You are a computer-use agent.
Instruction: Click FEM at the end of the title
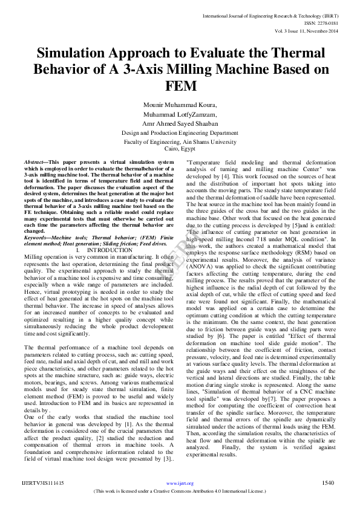tap(179, 85)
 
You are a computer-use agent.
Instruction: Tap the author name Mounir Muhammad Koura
tap(179, 104)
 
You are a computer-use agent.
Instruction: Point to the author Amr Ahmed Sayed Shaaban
tap(179, 123)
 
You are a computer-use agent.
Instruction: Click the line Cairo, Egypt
tap(179, 148)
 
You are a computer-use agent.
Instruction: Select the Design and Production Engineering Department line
tap(180, 132)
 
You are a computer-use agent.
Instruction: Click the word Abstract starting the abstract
tap(34, 163)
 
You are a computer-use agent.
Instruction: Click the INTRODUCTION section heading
tap(110, 250)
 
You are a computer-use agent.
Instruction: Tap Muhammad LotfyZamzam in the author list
tap(179, 113)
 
